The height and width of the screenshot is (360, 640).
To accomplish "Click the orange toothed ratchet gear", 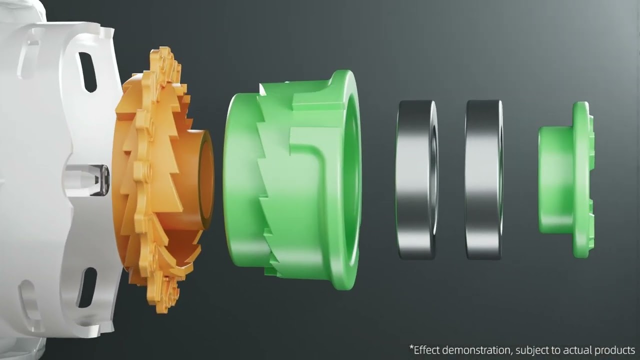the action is [x=160, y=180].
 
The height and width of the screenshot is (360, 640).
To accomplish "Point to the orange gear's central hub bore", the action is [x=205, y=179].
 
